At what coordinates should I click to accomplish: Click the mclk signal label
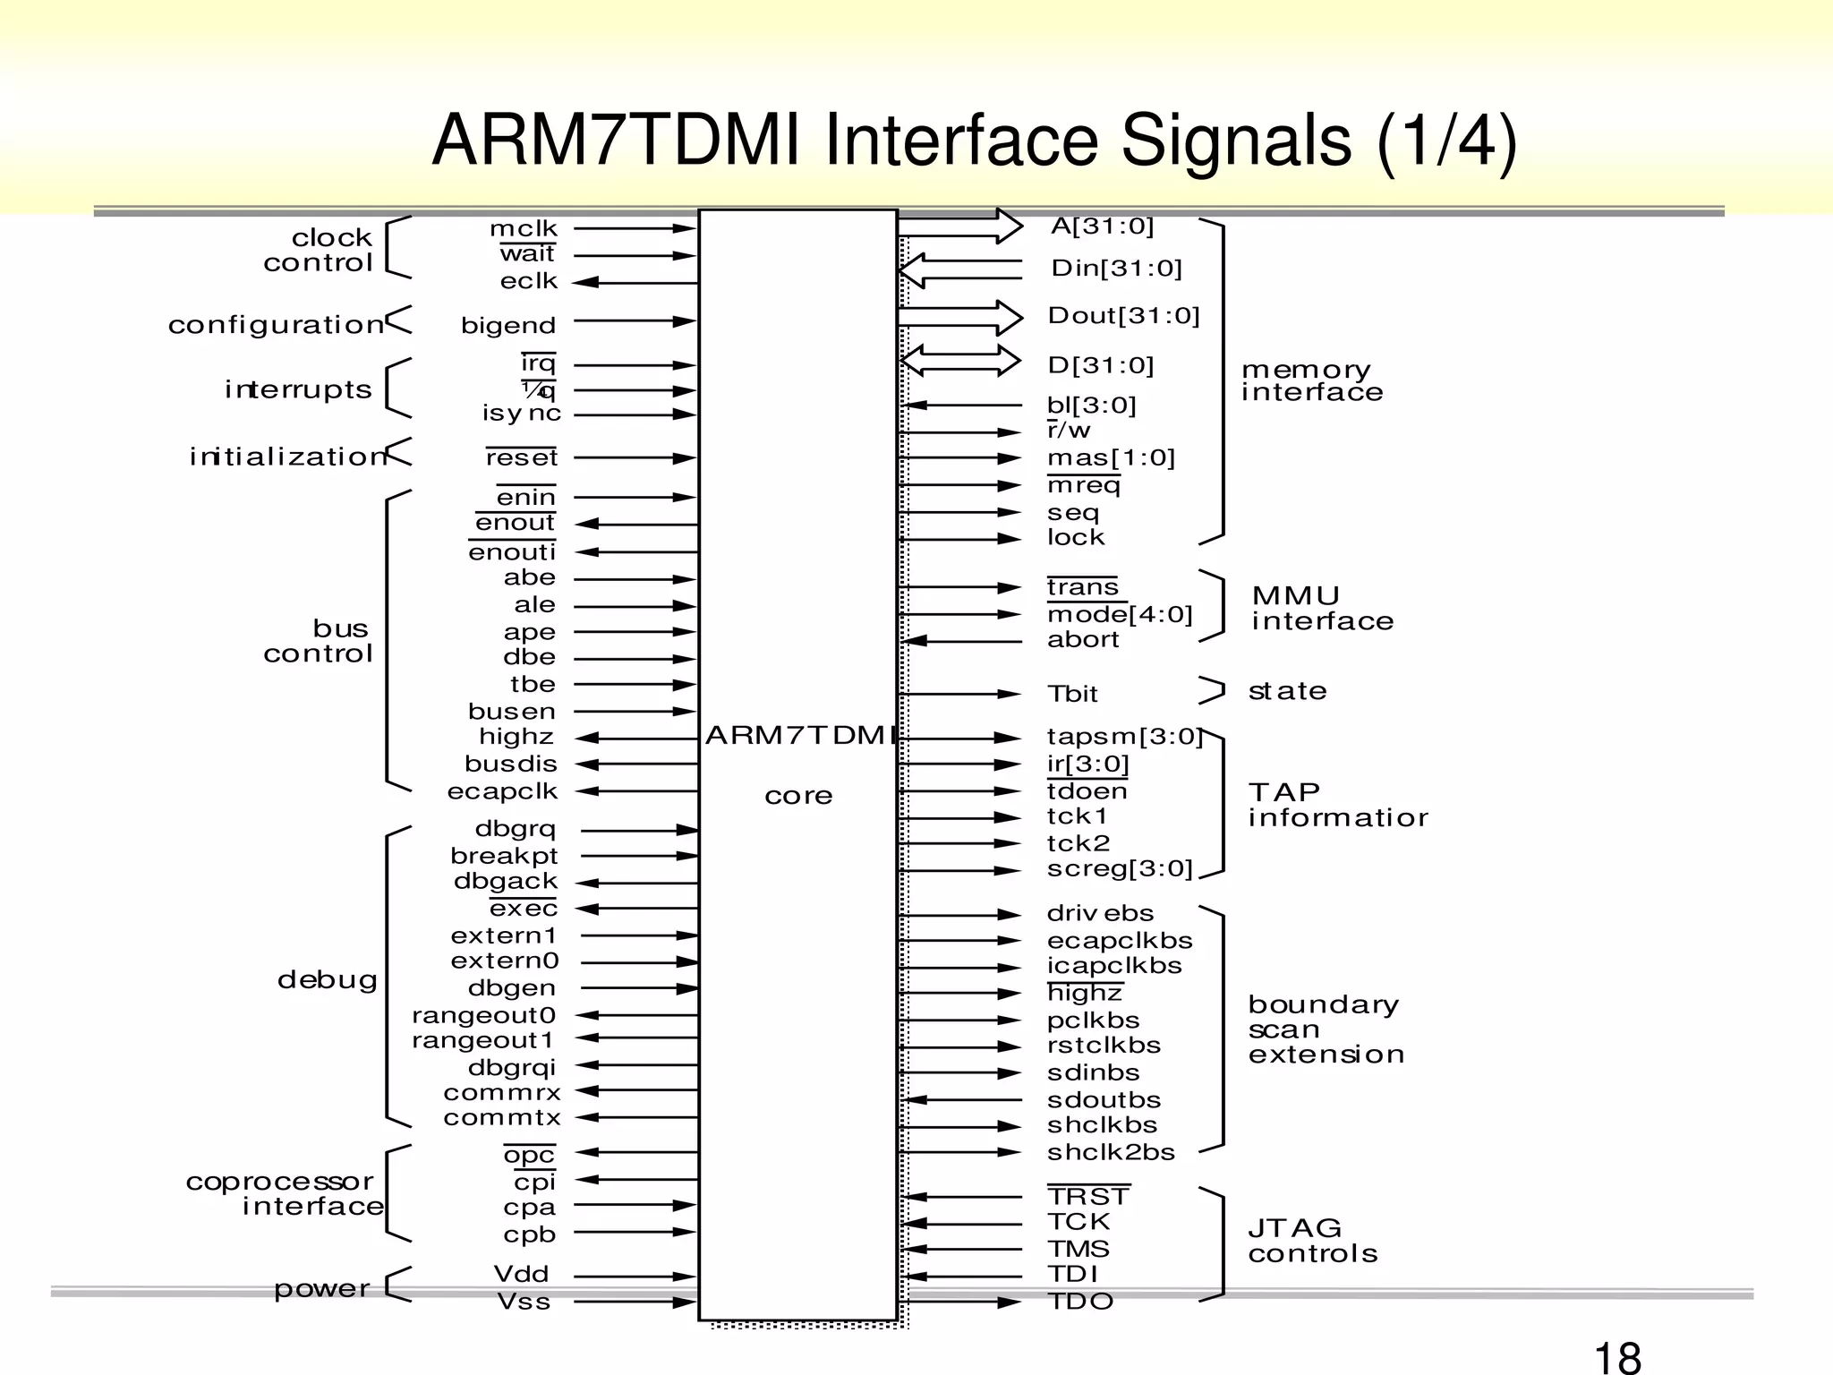click(x=524, y=229)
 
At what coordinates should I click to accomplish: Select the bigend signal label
click(x=508, y=326)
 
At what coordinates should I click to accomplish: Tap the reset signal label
click(x=522, y=457)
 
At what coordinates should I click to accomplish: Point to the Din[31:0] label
click(x=1117, y=269)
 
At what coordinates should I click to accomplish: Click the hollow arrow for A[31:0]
click(x=960, y=226)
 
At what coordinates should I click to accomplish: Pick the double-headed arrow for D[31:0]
click(x=960, y=362)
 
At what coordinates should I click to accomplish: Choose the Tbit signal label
click(x=1072, y=694)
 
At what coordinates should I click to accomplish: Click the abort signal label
click(x=1083, y=640)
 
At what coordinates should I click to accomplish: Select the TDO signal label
click(x=1081, y=1302)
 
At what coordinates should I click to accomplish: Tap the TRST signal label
click(x=1088, y=1197)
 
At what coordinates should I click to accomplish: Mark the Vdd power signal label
click(x=522, y=1275)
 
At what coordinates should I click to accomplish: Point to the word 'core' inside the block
click(x=798, y=796)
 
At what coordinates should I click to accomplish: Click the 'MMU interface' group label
click(x=1322, y=609)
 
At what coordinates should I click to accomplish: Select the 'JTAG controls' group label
click(x=1312, y=1241)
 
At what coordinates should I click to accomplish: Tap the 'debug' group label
click(x=328, y=980)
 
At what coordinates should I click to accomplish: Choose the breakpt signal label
click(x=504, y=857)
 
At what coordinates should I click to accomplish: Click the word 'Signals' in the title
click(x=1236, y=141)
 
